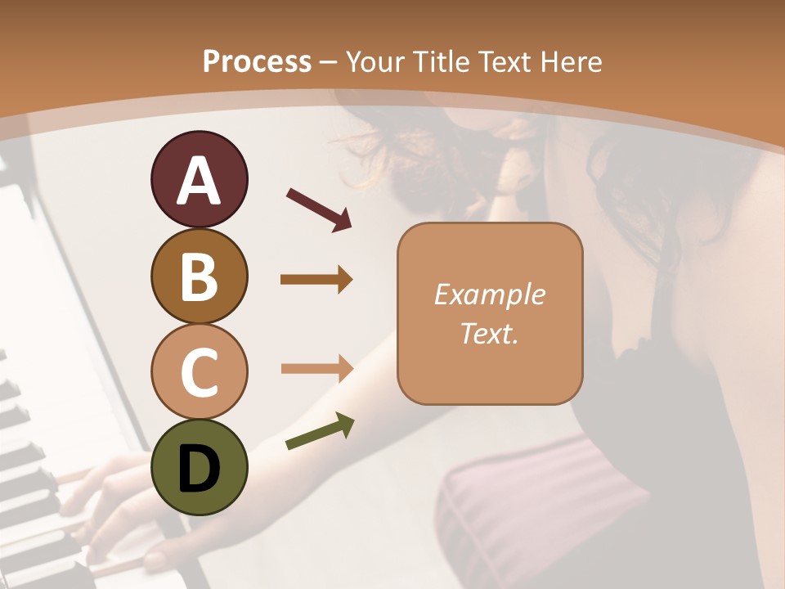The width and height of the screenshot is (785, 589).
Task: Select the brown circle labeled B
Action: point(199,276)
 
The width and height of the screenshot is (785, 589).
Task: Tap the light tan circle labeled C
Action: point(199,371)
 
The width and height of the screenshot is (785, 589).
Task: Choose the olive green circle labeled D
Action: point(199,467)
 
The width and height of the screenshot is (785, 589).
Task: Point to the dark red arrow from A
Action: point(319,208)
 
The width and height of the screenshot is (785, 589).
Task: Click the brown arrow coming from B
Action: point(316,280)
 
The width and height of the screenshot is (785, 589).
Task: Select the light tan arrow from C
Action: point(316,368)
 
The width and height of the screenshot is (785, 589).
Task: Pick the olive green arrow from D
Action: point(320,432)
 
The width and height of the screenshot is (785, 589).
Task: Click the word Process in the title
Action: point(257,61)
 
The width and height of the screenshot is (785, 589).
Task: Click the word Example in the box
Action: point(489,295)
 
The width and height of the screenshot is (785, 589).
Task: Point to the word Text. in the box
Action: point(489,334)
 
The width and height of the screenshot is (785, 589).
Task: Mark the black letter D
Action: point(199,468)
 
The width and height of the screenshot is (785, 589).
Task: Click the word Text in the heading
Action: point(505,61)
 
